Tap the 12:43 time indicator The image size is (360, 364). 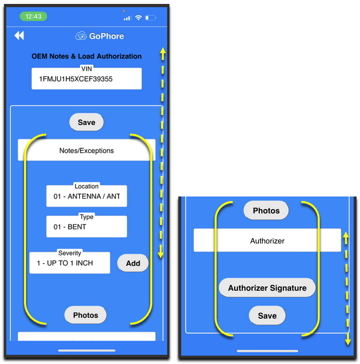(x=33, y=16)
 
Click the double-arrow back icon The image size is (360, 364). (x=19, y=35)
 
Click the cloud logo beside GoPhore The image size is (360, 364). (x=81, y=36)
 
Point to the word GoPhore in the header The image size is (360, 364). (x=106, y=36)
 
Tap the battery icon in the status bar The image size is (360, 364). (x=150, y=18)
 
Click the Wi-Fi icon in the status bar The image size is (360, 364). (x=138, y=18)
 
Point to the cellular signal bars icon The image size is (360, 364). (x=128, y=18)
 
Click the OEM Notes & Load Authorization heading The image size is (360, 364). (x=86, y=56)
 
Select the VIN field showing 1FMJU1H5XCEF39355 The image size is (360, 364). (x=86, y=79)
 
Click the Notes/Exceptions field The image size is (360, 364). (x=86, y=150)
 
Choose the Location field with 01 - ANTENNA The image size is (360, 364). (x=86, y=196)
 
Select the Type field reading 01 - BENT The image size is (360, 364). (x=86, y=227)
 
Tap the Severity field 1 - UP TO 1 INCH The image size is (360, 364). (x=70, y=263)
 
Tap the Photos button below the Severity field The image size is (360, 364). (x=85, y=315)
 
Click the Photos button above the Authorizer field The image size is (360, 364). (x=266, y=211)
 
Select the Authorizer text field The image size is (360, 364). (x=267, y=241)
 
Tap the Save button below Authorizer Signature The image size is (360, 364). (x=267, y=316)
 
